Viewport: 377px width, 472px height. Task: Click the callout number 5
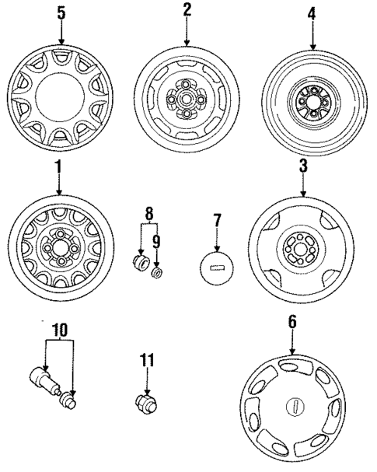pyautogui.click(x=61, y=13)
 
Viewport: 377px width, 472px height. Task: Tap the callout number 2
pyautogui.click(x=187, y=10)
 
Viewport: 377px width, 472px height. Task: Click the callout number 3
pyautogui.click(x=304, y=167)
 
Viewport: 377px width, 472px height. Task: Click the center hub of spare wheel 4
pyautogui.click(x=311, y=100)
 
